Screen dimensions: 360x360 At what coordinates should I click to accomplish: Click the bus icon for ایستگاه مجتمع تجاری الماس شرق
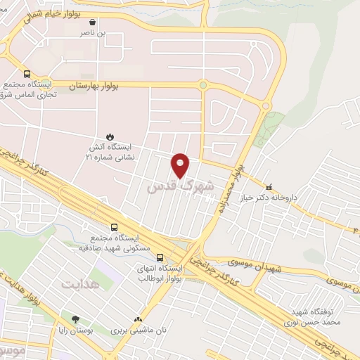click(27, 74)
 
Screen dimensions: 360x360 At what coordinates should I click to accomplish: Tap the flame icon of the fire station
click(110, 136)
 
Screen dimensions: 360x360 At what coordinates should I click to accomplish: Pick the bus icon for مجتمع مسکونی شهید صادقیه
click(115, 227)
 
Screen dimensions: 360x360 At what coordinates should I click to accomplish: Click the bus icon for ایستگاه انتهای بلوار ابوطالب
click(160, 257)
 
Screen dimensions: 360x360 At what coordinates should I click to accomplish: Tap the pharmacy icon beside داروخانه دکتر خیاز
click(269, 186)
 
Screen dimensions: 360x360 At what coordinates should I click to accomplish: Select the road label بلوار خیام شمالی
click(52, 14)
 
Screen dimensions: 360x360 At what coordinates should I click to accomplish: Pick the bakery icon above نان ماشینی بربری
click(146, 318)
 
